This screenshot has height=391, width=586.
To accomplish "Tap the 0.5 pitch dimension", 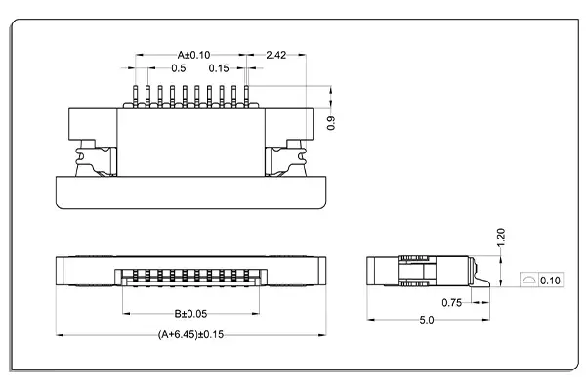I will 179,68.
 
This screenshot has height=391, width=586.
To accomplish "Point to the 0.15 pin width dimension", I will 219,68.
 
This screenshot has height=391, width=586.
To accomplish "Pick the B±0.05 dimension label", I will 191,314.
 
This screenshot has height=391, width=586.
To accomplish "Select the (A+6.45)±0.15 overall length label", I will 191,334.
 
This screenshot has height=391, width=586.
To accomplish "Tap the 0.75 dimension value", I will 450,303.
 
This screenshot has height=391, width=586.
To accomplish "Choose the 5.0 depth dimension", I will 428,320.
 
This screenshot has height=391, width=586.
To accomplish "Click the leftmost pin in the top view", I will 136,96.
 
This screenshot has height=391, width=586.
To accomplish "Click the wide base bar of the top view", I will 191,193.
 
